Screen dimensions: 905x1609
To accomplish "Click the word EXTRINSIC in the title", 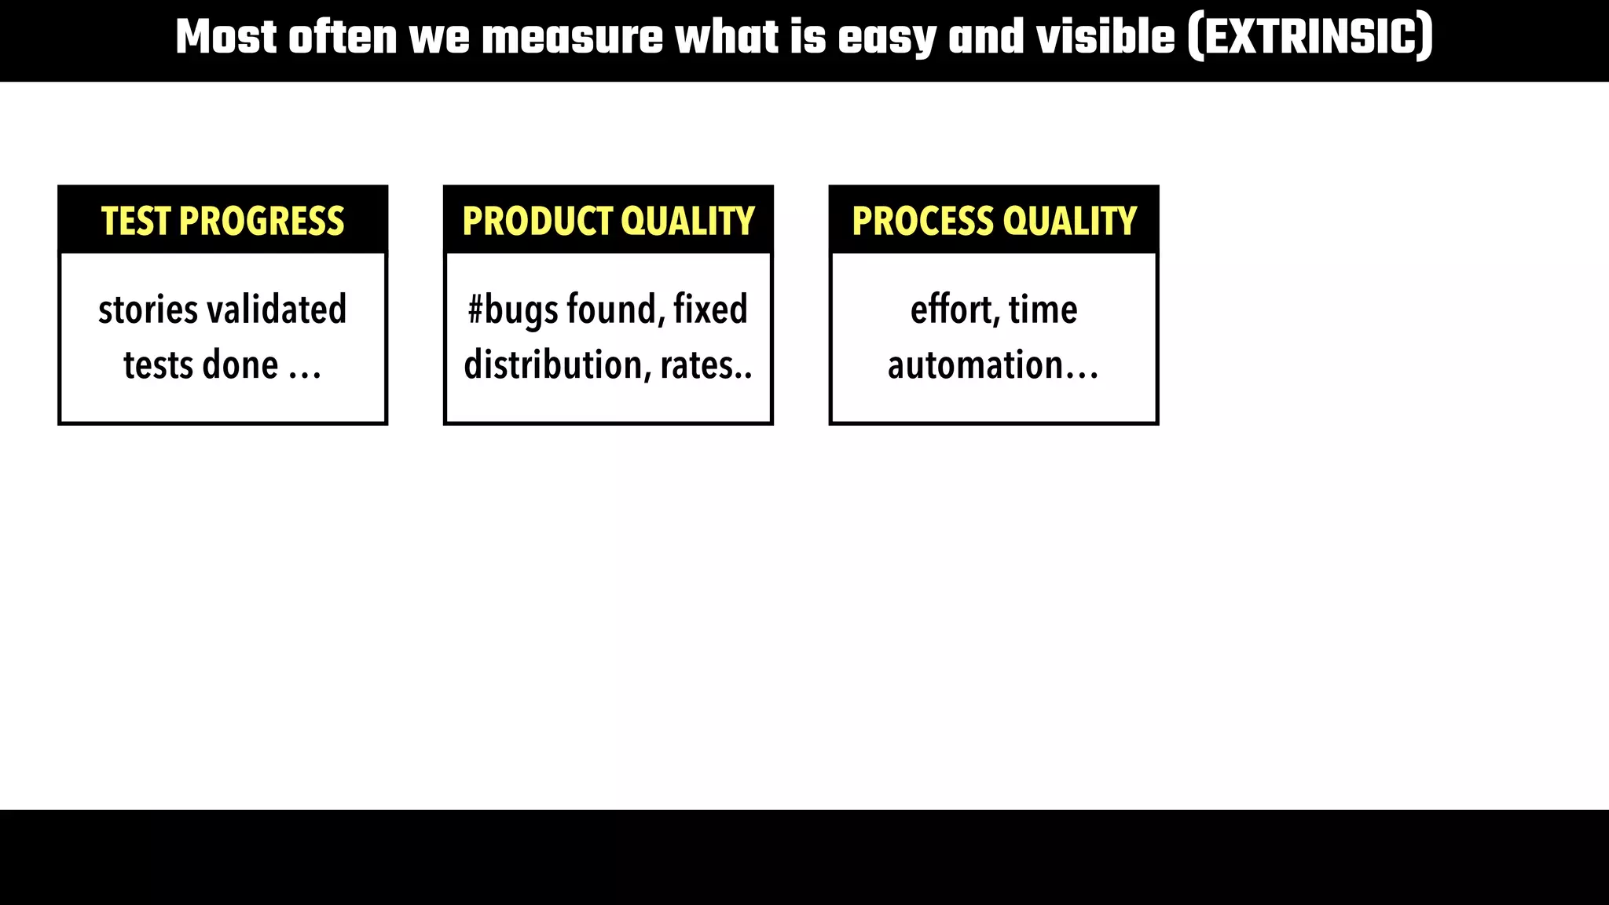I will (x=1310, y=38).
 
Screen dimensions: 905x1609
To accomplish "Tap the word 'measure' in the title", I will (x=572, y=38).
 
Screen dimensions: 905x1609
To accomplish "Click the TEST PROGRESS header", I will (x=222, y=221).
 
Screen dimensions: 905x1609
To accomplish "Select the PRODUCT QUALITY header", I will (x=608, y=221).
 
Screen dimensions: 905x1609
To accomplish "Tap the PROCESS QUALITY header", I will (x=994, y=221).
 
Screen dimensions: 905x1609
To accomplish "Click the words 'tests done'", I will (x=201, y=365).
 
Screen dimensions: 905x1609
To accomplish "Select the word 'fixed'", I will (x=710, y=310).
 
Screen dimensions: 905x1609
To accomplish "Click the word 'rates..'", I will (x=706, y=365).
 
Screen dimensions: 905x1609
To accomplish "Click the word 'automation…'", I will (x=993, y=365).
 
